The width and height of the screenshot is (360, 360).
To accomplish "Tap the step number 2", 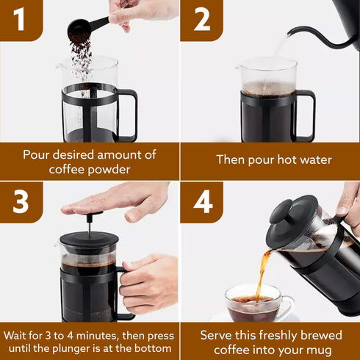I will point(201,20).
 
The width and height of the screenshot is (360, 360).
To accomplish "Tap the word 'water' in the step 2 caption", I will point(312,159).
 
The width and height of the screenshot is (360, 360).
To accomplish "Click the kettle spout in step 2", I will point(309,30).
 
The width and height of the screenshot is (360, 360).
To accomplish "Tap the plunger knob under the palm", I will point(90,215).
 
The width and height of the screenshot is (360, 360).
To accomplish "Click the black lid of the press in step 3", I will point(88,240).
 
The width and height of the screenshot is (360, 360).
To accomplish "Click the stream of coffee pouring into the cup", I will point(261,276).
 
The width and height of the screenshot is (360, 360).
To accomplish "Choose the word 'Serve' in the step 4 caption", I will point(220,335).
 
